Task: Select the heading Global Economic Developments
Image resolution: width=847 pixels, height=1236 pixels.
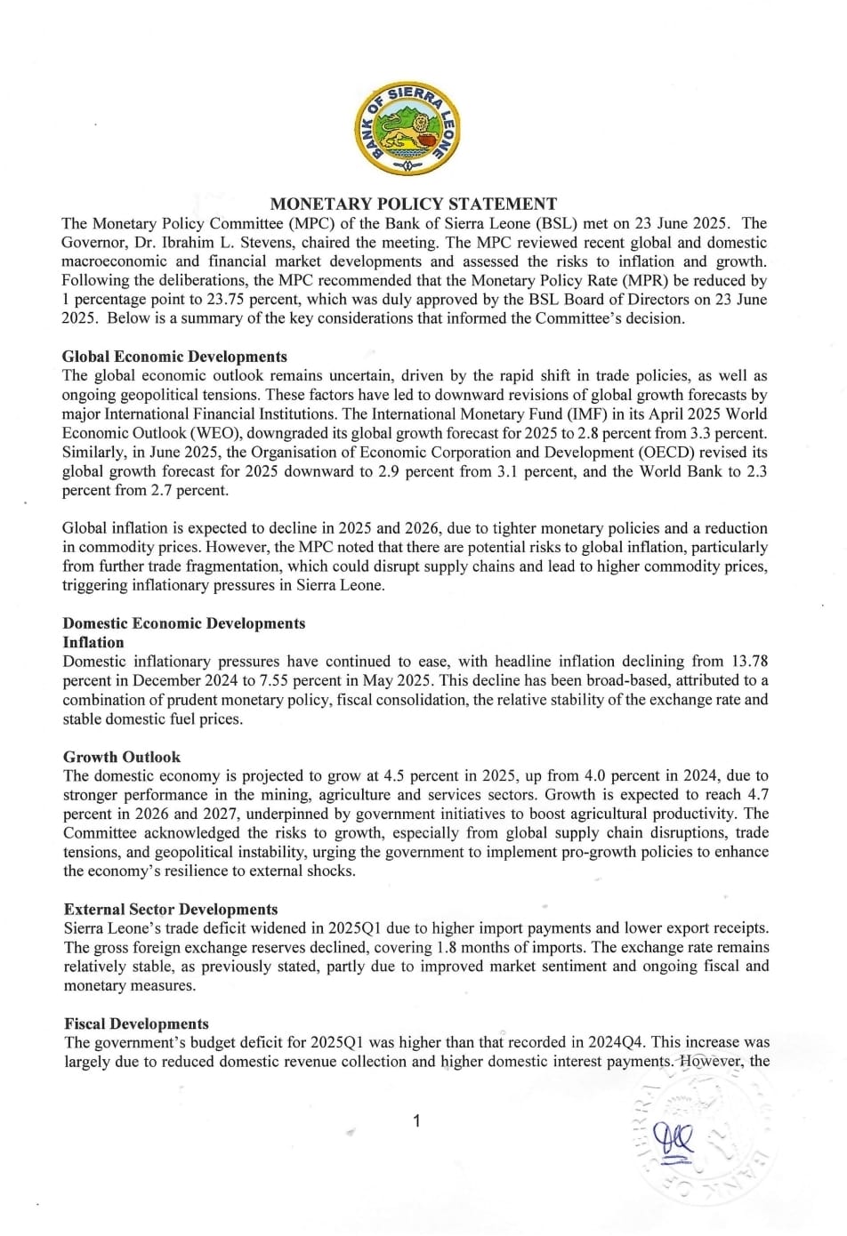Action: pyautogui.click(x=174, y=357)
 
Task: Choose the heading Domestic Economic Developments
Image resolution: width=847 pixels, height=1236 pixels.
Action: pyautogui.click(x=183, y=623)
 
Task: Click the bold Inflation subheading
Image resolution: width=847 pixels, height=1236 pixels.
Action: pyautogui.click(x=93, y=642)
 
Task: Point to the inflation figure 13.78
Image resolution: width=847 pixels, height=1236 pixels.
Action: pyautogui.click(x=749, y=662)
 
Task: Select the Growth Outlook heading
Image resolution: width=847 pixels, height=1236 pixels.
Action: pyautogui.click(x=122, y=757)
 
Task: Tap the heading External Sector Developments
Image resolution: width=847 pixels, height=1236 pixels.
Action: pyautogui.click(x=171, y=909)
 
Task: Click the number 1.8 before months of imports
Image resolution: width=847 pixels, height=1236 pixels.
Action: pyautogui.click(x=449, y=947)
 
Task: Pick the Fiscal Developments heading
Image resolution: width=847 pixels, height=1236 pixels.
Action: pyautogui.click(x=136, y=1023)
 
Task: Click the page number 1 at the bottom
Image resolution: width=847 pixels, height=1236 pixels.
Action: pyautogui.click(x=416, y=1121)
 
